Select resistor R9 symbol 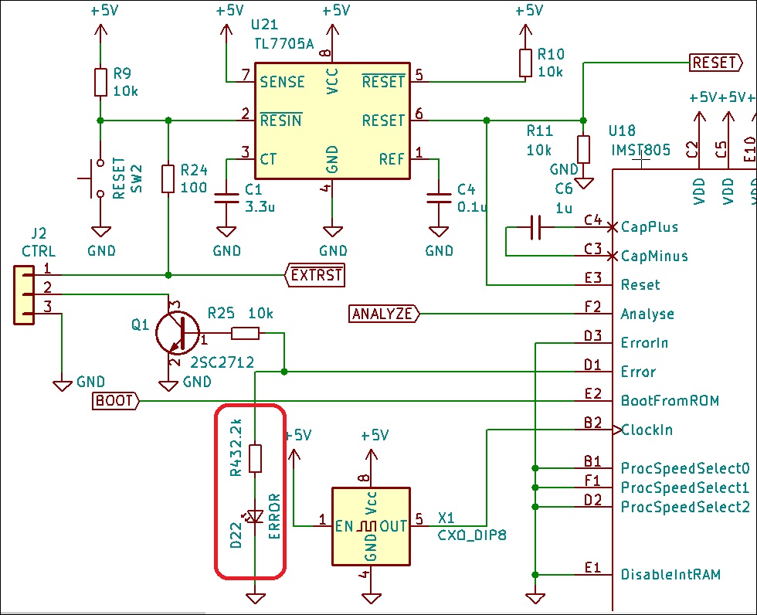click(x=100, y=82)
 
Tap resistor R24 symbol click(x=168, y=178)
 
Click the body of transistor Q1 click(x=177, y=332)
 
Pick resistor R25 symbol click(x=246, y=333)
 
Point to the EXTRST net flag click(x=315, y=275)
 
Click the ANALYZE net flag click(x=385, y=314)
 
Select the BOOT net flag click(x=115, y=401)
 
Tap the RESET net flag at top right click(x=716, y=63)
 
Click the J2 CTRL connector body click(x=24, y=294)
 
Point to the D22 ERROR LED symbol click(x=254, y=517)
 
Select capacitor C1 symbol click(x=226, y=198)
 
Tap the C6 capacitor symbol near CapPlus click(x=535, y=227)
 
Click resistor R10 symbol click(x=526, y=63)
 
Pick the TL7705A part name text click(x=284, y=44)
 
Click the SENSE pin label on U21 click(x=283, y=82)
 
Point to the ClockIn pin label click(x=647, y=430)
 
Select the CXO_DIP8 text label click(x=472, y=535)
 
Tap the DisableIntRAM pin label click(x=670, y=575)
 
